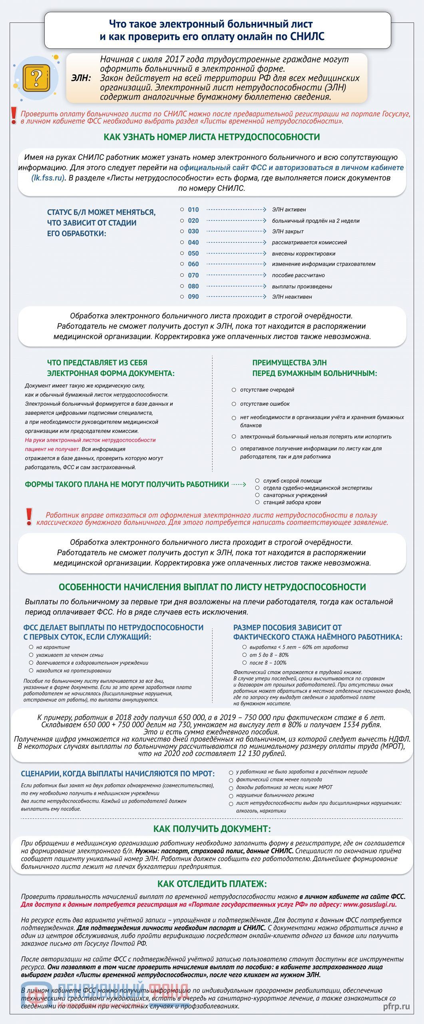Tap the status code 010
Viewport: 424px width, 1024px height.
coord(193,210)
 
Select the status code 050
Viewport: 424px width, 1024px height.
coord(193,254)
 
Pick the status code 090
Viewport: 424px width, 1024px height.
coord(193,297)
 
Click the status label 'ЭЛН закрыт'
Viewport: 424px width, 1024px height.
coord(288,232)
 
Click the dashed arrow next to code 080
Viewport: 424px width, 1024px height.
coord(236,286)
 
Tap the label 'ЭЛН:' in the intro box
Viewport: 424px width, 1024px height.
coord(81,78)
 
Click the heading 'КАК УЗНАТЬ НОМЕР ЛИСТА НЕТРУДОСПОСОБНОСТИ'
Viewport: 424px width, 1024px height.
coord(212,137)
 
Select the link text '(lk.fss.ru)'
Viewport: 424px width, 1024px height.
coord(48,178)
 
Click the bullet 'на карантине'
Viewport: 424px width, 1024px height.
coord(53,647)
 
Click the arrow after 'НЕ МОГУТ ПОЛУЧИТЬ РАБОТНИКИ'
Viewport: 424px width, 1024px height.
coord(239,484)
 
